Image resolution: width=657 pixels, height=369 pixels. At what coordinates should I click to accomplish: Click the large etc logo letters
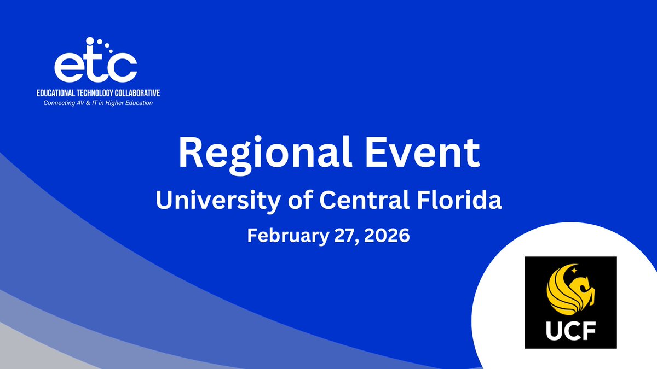tap(95, 66)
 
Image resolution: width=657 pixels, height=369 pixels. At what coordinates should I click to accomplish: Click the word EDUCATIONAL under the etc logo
tap(61, 93)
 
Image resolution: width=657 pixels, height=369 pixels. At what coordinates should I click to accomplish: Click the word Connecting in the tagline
tap(59, 102)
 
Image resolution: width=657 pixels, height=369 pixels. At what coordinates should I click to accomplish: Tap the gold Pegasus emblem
tap(569, 290)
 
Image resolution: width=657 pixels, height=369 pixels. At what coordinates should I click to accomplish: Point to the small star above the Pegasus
tap(574, 270)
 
